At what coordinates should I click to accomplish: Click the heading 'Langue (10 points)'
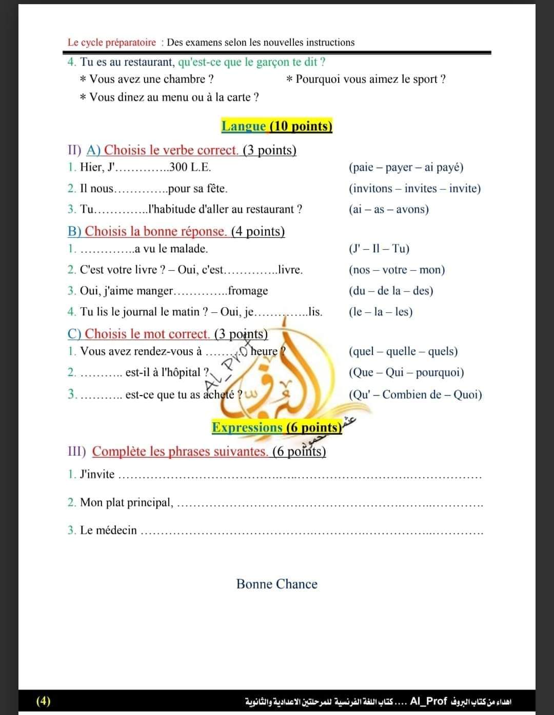pos(276,126)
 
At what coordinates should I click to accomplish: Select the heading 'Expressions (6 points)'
pos(276,427)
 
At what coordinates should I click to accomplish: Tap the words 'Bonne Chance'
pos(276,584)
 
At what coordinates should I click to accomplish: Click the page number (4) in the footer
pos(44,701)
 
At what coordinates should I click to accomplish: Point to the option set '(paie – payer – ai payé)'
pos(406,167)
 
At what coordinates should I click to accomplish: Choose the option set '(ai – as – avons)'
pos(388,209)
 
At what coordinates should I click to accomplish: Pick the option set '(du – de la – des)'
pos(390,291)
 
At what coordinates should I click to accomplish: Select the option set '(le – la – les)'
pos(380,312)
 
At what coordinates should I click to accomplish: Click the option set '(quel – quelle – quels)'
pos(403,351)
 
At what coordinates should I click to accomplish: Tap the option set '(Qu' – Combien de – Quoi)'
pos(415,394)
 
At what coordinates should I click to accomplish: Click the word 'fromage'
pos(248,291)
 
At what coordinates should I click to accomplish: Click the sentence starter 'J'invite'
pos(97,474)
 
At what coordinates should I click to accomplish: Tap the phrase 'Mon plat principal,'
pos(127,502)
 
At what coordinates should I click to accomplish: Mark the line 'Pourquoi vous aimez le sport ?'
pos(370,79)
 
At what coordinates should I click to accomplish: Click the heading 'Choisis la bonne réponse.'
pos(155,231)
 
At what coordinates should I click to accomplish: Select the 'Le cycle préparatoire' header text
pos(111,43)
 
